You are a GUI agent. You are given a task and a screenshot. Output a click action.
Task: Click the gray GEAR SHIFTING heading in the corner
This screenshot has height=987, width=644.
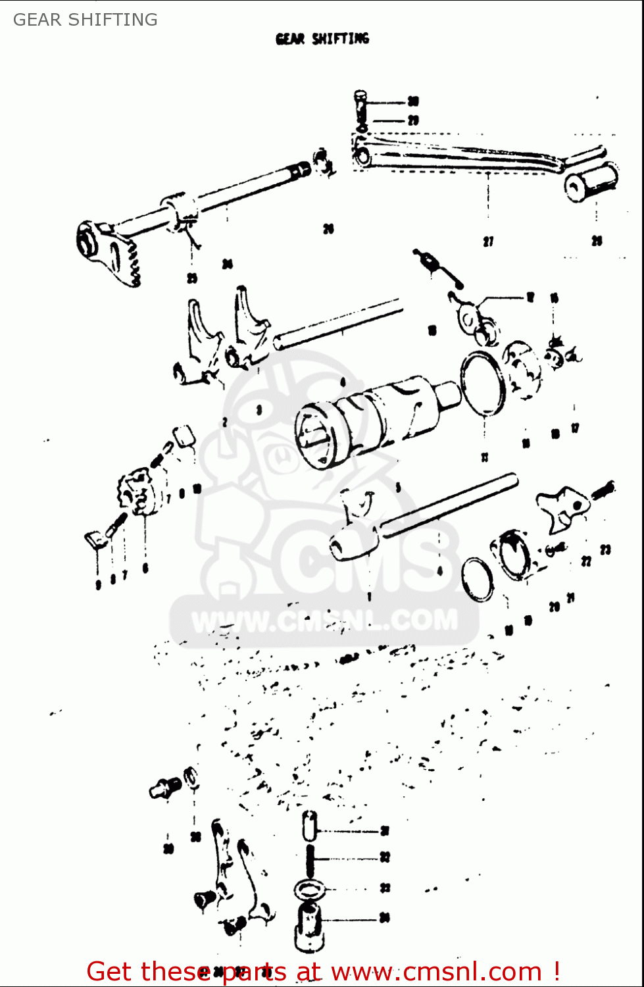86,20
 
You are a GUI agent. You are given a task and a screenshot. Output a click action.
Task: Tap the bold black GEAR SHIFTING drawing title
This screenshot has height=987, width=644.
322,39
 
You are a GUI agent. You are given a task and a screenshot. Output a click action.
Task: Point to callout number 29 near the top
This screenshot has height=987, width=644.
413,120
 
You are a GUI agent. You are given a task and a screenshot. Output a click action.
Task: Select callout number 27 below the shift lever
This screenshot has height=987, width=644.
488,241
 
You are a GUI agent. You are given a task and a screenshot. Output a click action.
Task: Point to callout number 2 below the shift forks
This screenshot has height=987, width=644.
225,422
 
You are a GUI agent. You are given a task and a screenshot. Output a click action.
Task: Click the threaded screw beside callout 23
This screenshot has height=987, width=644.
603,490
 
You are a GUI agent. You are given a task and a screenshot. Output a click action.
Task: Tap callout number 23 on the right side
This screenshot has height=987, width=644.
605,549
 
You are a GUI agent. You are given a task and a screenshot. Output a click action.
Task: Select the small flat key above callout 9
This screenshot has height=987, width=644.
93,540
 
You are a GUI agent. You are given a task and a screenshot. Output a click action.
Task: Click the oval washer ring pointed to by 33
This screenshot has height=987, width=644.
310,890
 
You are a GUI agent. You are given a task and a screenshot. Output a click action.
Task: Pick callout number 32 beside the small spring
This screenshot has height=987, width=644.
385,857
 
